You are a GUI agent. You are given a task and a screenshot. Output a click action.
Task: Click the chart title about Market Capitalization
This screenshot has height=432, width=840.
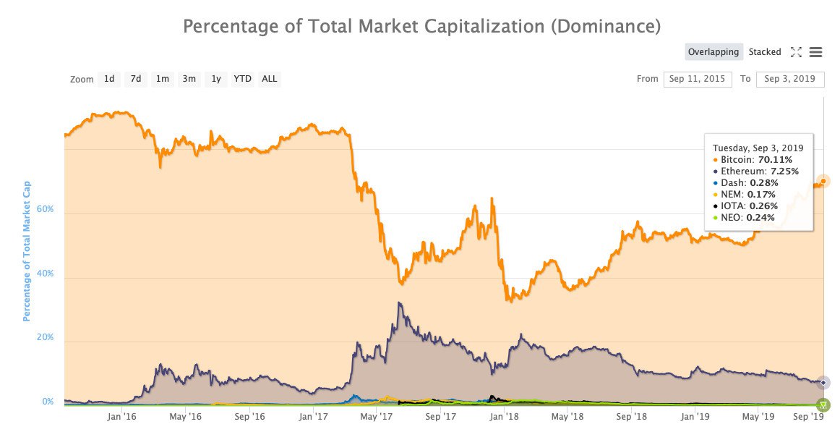421,27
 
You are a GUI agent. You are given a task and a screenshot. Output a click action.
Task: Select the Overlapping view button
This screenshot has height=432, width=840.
713,52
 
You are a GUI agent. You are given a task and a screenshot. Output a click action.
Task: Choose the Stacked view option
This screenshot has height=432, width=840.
765,52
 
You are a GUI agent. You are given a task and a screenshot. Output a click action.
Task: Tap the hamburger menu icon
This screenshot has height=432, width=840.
816,52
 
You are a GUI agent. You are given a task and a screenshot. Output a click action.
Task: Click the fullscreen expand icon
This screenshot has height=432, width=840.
796,52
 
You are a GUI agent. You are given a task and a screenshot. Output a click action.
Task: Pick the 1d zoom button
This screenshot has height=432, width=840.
109,79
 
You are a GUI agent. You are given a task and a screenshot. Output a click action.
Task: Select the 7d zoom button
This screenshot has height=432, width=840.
135,79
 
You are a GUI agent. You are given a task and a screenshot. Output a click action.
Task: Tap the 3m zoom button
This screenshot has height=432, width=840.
189,79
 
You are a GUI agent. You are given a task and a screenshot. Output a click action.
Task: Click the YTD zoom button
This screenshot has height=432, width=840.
242,79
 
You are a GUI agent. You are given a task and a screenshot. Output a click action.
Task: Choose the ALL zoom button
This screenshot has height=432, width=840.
270,79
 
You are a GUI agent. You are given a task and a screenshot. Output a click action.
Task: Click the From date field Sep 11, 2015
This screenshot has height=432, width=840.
698,79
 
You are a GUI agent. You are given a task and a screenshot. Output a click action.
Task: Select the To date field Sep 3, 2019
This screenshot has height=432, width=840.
790,79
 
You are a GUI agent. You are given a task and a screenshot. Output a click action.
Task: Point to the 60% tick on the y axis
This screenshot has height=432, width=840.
46,208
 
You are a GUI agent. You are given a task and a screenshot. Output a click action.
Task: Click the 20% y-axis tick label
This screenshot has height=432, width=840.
46,337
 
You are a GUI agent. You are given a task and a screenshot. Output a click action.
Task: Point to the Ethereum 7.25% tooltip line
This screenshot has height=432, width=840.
755,171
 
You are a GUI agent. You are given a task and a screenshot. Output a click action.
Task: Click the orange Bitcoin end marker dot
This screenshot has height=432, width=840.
823,181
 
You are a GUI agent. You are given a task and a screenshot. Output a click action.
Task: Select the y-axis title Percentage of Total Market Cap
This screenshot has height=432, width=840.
27,251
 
